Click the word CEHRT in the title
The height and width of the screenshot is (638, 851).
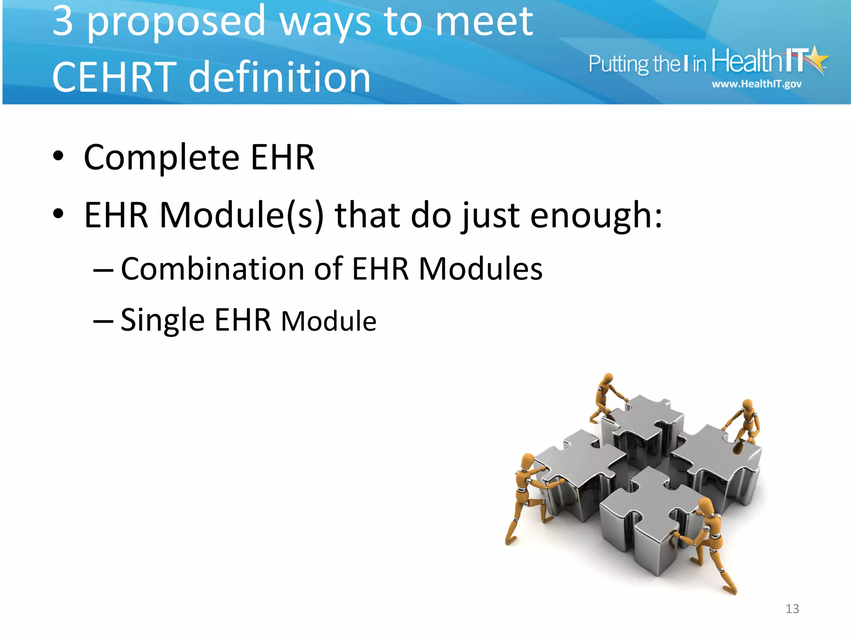(x=114, y=77)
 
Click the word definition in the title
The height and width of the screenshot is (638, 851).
(x=279, y=77)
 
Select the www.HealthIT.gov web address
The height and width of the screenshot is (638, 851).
(x=756, y=84)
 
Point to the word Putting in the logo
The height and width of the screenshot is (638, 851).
(x=619, y=64)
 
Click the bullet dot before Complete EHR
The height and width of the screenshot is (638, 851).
(x=59, y=157)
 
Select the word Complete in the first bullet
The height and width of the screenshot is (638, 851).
(x=161, y=158)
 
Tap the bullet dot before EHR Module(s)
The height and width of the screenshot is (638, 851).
(x=59, y=214)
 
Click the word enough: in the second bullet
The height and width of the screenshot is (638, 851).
(x=596, y=216)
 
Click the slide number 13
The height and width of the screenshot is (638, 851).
(x=792, y=609)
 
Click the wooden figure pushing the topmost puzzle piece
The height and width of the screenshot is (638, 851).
(x=606, y=396)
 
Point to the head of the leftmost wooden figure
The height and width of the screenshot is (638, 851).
(x=527, y=461)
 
